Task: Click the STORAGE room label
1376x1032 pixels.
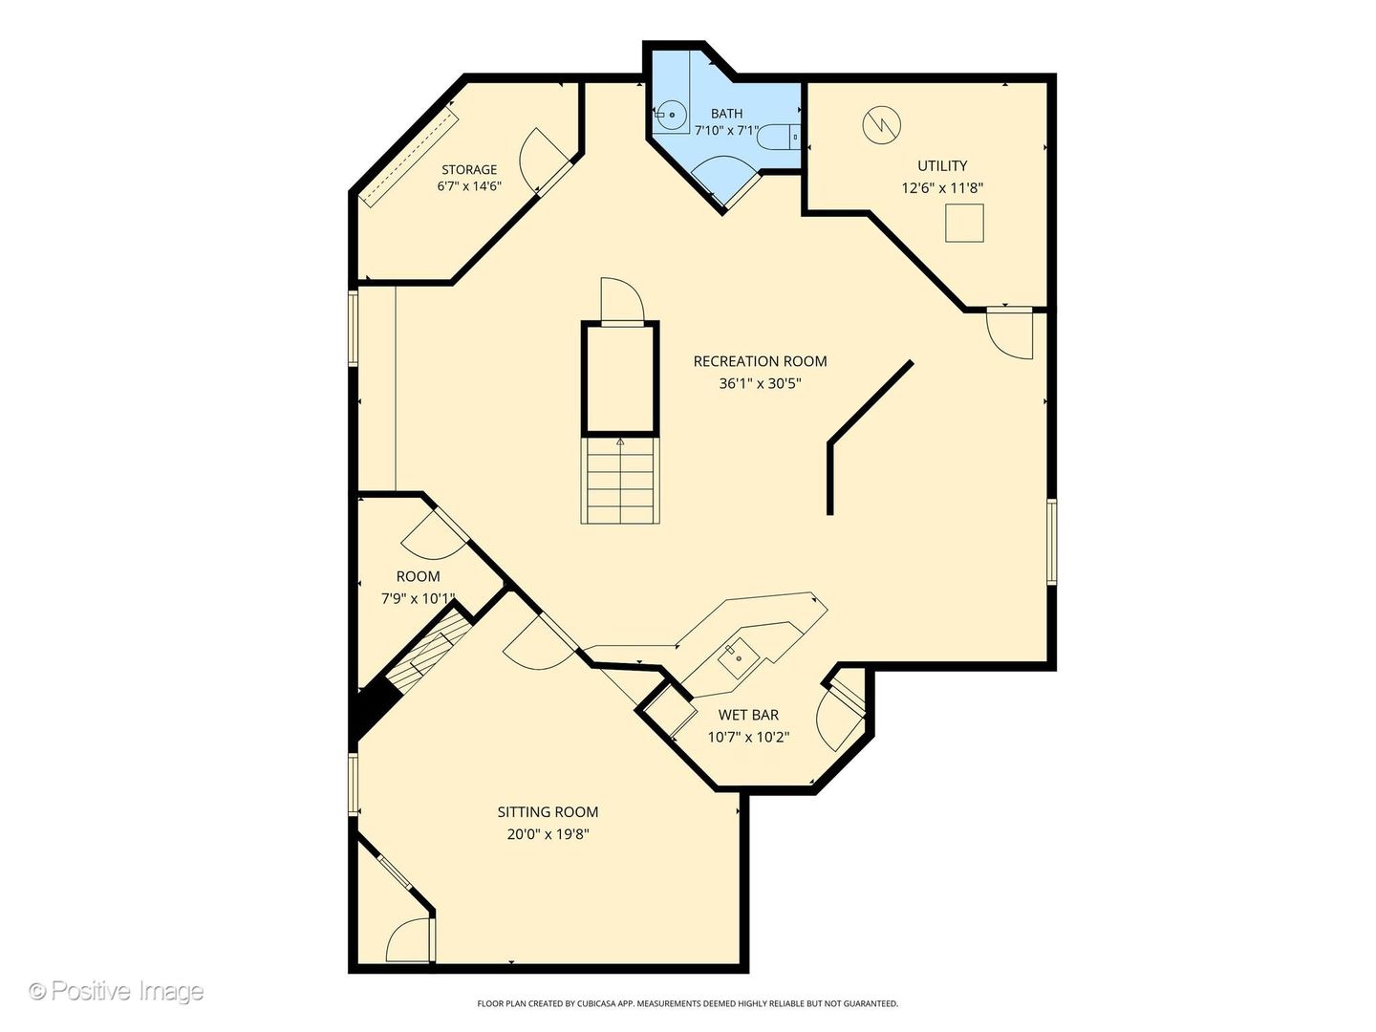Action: click(x=469, y=169)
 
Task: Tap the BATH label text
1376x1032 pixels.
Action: click(x=726, y=114)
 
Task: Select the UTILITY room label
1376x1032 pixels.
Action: click(x=942, y=165)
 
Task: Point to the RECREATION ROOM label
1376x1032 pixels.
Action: click(x=760, y=361)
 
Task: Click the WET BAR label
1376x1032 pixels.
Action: click(x=748, y=715)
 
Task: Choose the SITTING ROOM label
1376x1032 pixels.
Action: click(x=548, y=812)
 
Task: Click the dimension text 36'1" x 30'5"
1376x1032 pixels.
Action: click(x=761, y=383)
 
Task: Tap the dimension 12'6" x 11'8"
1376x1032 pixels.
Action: click(x=942, y=188)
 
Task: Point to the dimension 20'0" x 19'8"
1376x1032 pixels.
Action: click(x=548, y=834)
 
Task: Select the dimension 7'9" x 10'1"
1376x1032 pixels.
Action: click(x=419, y=598)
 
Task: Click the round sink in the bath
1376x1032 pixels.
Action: click(x=672, y=115)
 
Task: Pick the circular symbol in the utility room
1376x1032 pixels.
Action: click(x=881, y=124)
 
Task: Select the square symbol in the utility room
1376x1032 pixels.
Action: click(x=964, y=223)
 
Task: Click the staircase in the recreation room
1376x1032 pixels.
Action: click(x=620, y=480)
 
